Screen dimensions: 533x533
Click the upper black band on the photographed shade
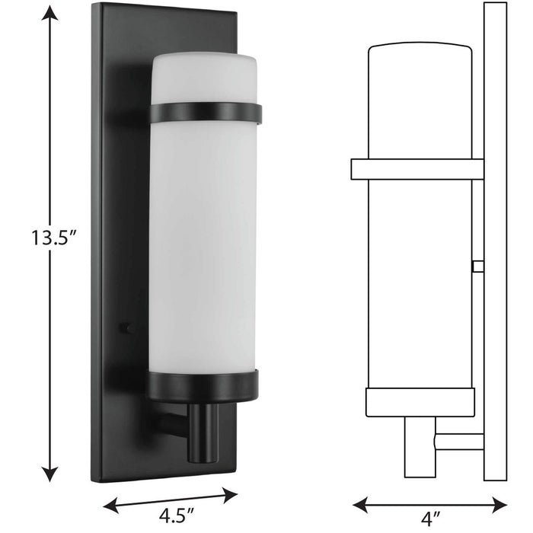click(206, 113)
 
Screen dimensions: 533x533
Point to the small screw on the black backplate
click(124, 328)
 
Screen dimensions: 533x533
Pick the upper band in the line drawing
click(417, 169)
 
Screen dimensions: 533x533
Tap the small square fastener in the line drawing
click(477, 266)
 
